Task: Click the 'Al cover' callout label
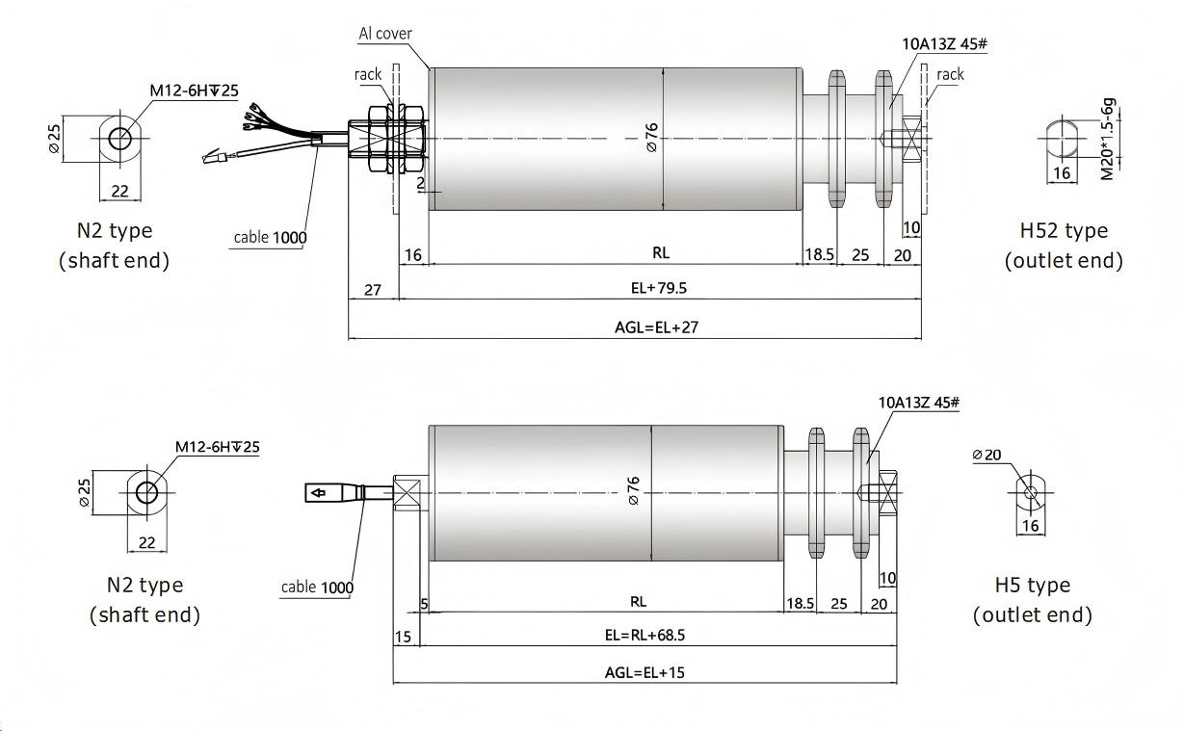(x=385, y=34)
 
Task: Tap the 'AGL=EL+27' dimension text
(x=656, y=327)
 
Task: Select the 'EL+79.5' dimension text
(x=658, y=288)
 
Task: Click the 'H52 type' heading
(x=1064, y=231)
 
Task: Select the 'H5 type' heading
(x=1033, y=586)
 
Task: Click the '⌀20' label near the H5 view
(x=987, y=455)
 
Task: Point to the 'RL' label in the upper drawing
(x=660, y=253)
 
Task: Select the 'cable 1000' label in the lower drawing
(x=317, y=587)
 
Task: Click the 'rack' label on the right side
(x=950, y=74)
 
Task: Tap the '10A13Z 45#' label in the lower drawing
(x=919, y=403)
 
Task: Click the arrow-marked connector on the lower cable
(x=329, y=494)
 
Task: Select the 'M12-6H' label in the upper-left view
(x=193, y=91)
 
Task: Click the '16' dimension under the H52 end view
(x=1061, y=173)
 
